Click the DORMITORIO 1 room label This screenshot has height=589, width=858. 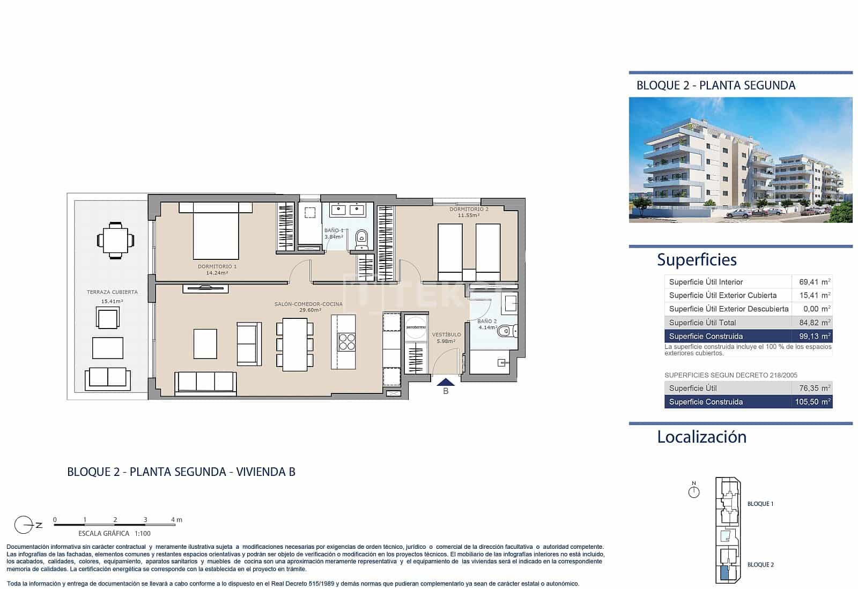pyautogui.click(x=217, y=266)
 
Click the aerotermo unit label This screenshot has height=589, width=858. pyautogui.click(x=416, y=326)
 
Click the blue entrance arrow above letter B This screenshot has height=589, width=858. pyautogui.click(x=446, y=382)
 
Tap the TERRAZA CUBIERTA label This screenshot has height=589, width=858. pyautogui.click(x=112, y=292)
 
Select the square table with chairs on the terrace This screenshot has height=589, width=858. pyautogui.click(x=113, y=241)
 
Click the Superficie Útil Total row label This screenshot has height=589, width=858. pyautogui.click(x=702, y=323)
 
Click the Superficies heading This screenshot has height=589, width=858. pyautogui.click(x=697, y=260)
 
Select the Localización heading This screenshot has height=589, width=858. pyautogui.click(x=701, y=437)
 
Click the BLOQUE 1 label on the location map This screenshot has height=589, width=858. pyautogui.click(x=760, y=504)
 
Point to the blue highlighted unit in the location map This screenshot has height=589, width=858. pyautogui.click(x=724, y=573)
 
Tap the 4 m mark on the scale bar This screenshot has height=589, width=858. pyautogui.click(x=176, y=520)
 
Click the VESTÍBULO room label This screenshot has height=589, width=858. pyautogui.click(x=446, y=334)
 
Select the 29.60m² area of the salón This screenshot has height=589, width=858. pyautogui.click(x=310, y=310)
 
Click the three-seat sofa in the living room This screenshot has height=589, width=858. pyautogui.click(x=205, y=382)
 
